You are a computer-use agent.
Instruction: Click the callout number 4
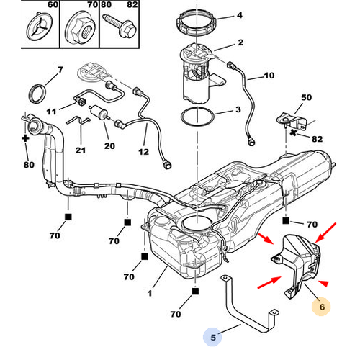click(x=240, y=15)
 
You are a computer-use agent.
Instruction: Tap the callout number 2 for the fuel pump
click(x=240, y=42)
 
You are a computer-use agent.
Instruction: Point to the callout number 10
click(x=269, y=76)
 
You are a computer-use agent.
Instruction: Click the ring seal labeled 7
click(x=37, y=94)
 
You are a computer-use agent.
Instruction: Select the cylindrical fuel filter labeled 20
click(x=99, y=112)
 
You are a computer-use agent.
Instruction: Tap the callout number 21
click(x=81, y=150)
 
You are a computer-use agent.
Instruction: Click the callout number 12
click(x=143, y=152)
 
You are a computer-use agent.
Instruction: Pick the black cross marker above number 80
click(x=25, y=138)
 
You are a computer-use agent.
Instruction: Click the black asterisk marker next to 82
click(x=293, y=132)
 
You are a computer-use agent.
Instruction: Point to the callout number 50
click(x=306, y=97)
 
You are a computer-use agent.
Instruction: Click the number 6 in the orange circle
click(x=322, y=307)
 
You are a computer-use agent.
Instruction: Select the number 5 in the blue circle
click(x=213, y=338)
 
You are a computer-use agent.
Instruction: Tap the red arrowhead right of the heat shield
click(x=323, y=284)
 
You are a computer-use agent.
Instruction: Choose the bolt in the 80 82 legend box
click(x=120, y=27)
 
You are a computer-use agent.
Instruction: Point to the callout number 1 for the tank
click(x=150, y=293)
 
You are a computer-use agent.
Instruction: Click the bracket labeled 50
click(x=292, y=121)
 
